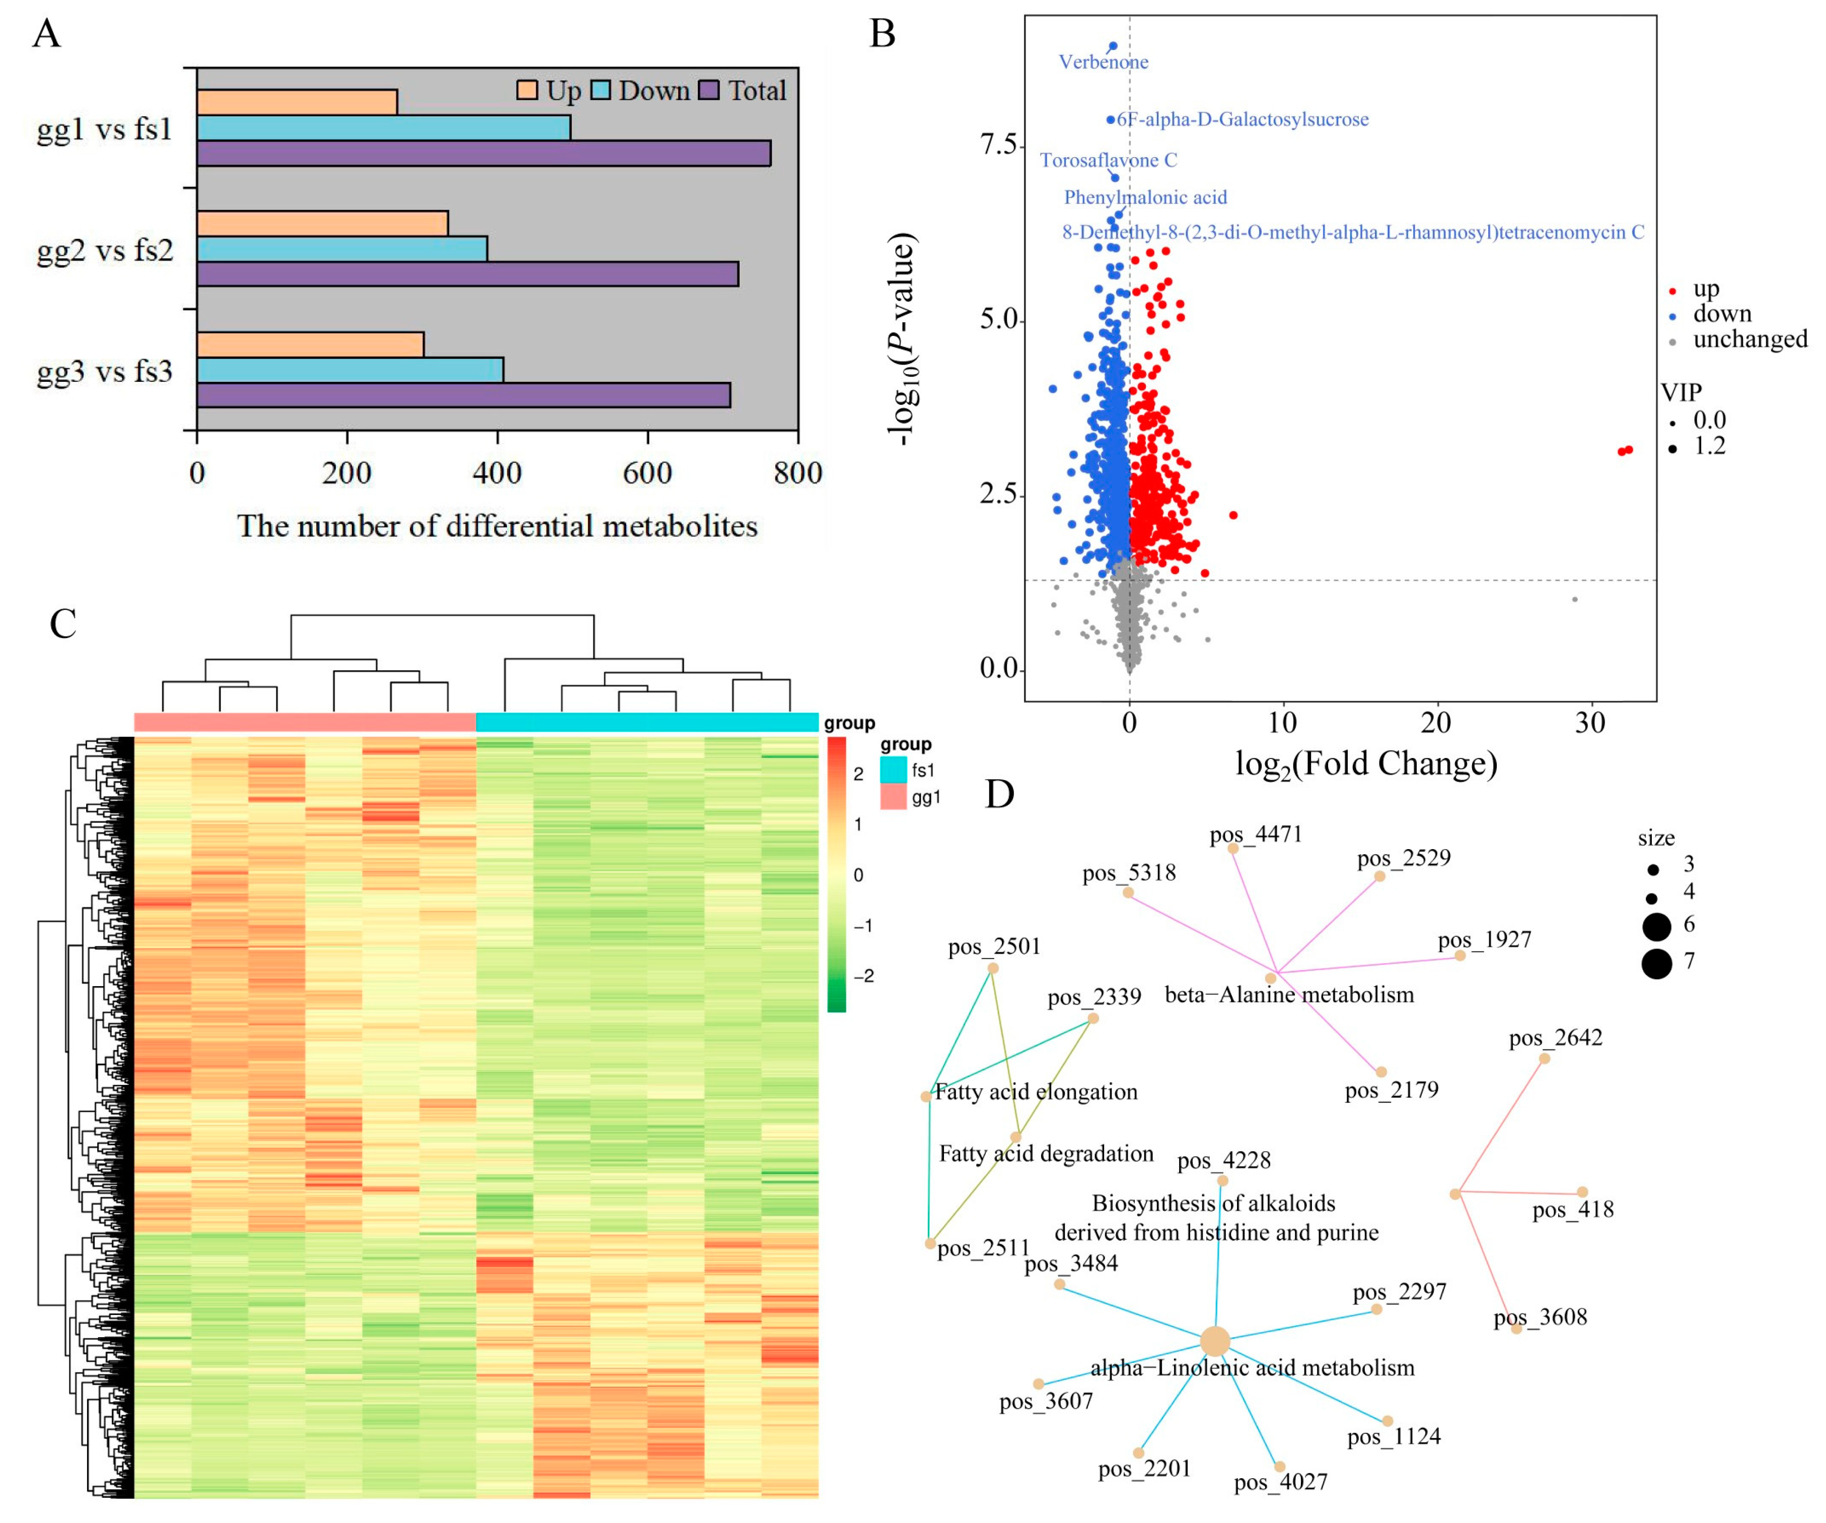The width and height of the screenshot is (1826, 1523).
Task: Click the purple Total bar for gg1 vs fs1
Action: click(x=483, y=153)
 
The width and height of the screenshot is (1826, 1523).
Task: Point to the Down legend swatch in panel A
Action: click(x=601, y=91)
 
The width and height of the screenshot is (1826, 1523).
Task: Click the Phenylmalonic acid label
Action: click(x=1145, y=197)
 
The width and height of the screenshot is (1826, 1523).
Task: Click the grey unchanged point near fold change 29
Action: click(x=1575, y=599)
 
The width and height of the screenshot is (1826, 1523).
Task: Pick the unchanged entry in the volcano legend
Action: click(x=1749, y=339)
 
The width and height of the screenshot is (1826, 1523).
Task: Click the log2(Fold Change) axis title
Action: click(x=1366, y=764)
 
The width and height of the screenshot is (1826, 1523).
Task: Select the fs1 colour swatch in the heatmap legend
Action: click(x=893, y=770)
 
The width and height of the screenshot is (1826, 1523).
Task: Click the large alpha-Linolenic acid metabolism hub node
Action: click(x=1215, y=1341)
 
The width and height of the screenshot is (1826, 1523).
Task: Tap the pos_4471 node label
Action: click(x=1256, y=835)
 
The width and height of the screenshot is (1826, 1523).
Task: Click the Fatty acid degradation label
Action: click(x=1046, y=1154)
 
